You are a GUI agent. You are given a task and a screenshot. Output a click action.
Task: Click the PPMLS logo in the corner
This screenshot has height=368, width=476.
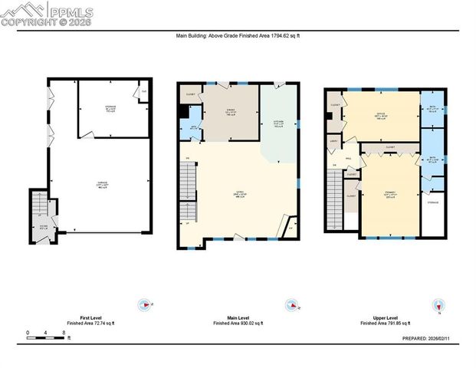pyautogui.click(x=48, y=13)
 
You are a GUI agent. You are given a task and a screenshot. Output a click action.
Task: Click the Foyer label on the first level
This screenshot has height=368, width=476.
pyautogui.click(x=44, y=227)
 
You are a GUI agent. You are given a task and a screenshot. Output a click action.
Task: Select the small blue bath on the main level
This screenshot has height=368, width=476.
pyautogui.click(x=194, y=127)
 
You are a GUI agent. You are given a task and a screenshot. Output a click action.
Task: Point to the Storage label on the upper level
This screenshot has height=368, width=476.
pyautogui.click(x=433, y=203)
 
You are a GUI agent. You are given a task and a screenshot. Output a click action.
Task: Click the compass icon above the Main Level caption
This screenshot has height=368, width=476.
pyautogui.click(x=291, y=304)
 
